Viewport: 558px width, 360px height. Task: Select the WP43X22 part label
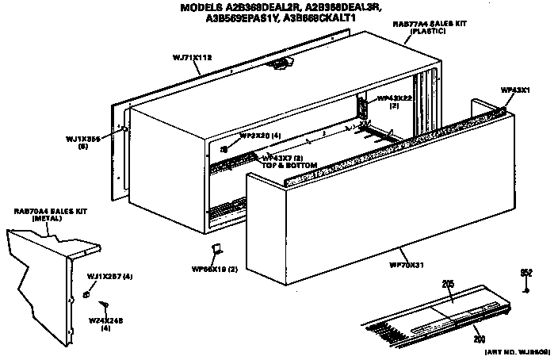(x=394, y=98)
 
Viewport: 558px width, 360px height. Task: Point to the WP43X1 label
(x=514, y=90)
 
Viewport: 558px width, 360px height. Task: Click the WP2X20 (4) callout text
(x=260, y=136)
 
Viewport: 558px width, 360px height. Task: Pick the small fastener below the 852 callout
(x=526, y=289)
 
